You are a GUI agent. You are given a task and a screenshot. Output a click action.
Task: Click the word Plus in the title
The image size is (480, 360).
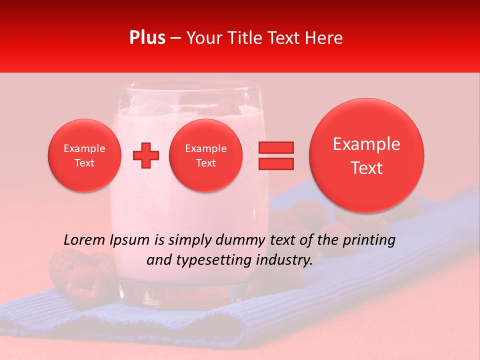(147, 38)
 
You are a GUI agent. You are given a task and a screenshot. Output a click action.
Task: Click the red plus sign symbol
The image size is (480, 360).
(146, 155)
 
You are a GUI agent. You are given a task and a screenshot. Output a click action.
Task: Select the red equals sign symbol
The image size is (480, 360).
(275, 155)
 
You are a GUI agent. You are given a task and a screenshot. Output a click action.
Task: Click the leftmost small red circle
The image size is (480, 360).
(84, 155)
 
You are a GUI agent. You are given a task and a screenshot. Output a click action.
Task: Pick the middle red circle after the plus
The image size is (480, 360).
(205, 155)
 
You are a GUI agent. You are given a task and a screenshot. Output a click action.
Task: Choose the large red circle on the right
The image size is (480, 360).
(366, 155)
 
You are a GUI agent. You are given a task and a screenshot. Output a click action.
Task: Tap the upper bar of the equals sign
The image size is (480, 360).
(275, 147)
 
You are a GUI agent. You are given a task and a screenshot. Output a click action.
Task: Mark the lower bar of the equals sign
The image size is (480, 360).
(275, 163)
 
